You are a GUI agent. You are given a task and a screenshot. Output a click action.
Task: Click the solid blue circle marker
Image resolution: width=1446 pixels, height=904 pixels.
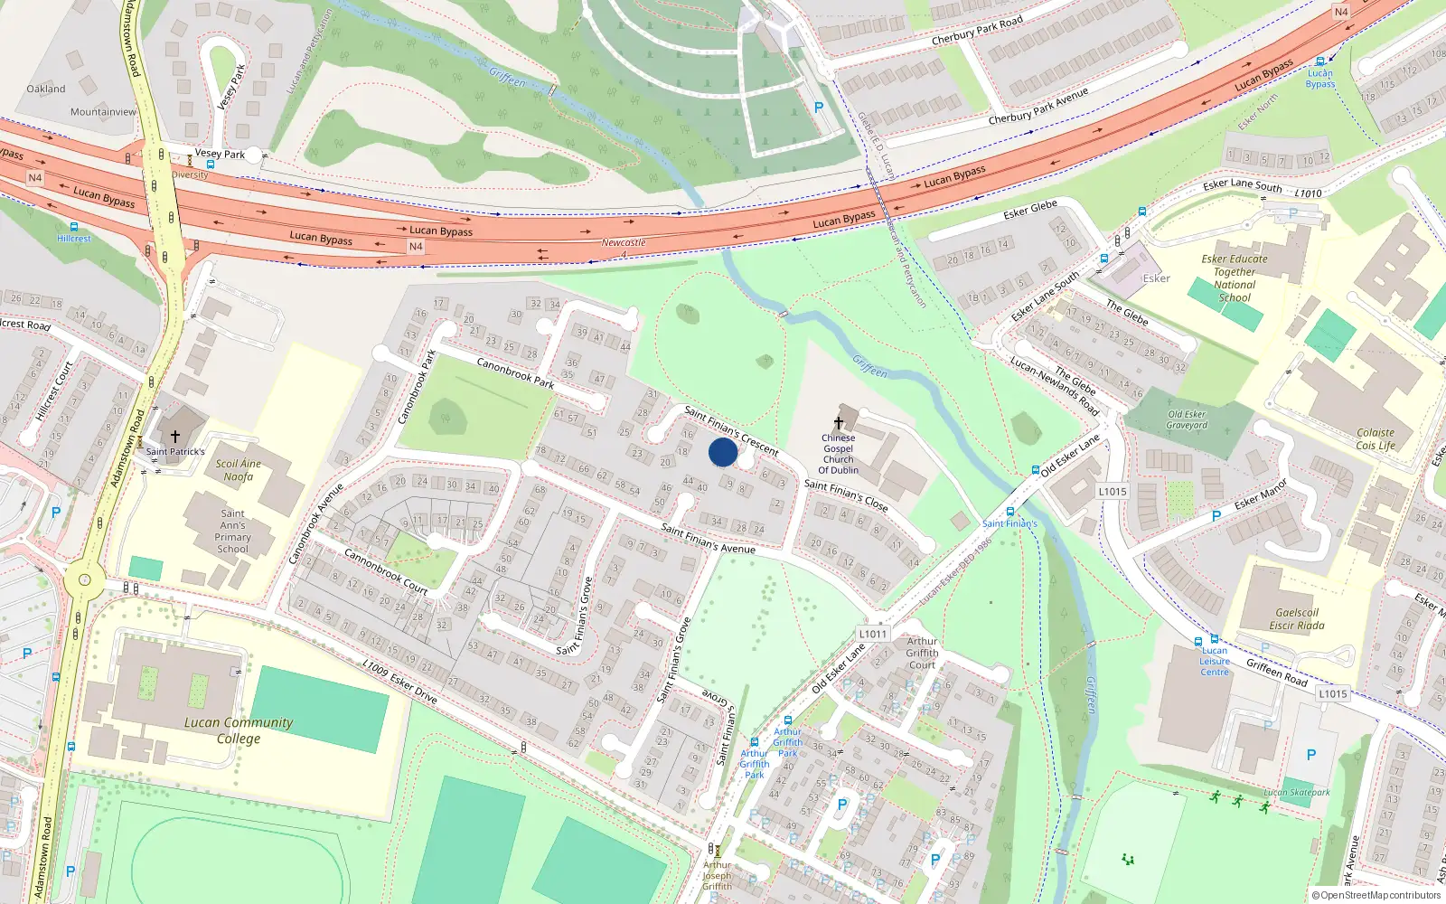(723, 452)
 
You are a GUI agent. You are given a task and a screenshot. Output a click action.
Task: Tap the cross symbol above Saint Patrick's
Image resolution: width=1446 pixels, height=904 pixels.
(175, 437)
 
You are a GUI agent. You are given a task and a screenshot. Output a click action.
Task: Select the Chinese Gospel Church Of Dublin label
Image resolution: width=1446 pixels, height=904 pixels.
(839, 454)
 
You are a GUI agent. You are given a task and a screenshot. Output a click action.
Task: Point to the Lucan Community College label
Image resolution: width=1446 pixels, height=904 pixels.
(239, 730)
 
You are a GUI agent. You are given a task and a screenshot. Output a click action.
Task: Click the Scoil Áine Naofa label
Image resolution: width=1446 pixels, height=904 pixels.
(239, 470)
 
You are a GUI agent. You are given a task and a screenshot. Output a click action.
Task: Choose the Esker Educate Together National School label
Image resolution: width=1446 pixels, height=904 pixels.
(1235, 278)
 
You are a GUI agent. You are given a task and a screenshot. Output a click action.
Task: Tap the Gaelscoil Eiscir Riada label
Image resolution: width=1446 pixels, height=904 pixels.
(1297, 619)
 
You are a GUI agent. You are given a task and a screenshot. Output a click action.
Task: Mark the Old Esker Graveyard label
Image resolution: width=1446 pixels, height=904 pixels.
(1187, 419)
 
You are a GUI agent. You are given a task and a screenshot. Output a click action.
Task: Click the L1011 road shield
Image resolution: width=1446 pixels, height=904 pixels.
(873, 634)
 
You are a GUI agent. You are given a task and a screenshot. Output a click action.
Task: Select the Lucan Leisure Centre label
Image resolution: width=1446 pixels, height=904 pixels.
(1215, 661)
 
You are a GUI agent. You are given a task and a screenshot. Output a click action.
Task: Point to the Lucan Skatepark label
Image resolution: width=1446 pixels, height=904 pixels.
(1297, 793)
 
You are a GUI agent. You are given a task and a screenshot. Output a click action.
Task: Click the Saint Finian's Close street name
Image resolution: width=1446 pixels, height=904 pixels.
(846, 494)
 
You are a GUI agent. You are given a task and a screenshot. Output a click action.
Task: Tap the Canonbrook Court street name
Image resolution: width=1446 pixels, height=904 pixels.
(386, 571)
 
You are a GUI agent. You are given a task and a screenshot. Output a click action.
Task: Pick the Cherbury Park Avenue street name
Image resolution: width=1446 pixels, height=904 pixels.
(1038, 106)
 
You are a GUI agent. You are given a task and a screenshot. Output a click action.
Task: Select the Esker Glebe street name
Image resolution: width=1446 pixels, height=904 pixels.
(1030, 210)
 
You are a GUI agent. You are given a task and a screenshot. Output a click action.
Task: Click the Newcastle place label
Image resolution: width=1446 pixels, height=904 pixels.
(624, 242)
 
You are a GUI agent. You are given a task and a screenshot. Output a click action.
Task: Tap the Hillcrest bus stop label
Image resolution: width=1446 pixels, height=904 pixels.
(74, 239)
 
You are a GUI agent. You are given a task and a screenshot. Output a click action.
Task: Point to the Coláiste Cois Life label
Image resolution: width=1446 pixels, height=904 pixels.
(1376, 438)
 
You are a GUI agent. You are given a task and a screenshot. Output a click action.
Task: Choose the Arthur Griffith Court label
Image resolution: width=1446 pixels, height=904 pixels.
(922, 653)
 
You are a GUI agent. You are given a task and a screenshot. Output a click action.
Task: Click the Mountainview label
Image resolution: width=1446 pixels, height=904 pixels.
(103, 112)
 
